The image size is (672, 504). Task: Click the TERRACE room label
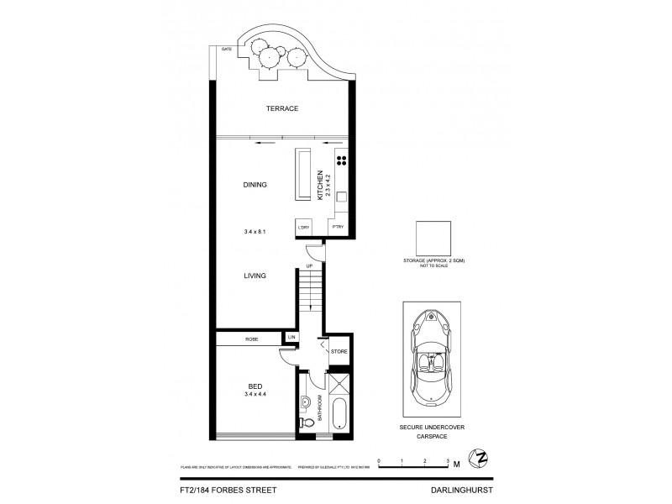point(282,109)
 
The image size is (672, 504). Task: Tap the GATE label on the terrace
point(226,50)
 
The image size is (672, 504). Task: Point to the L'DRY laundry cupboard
point(303,228)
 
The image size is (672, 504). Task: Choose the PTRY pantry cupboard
point(337,228)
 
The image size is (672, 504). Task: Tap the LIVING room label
point(255,275)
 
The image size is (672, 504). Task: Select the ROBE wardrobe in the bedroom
point(251,339)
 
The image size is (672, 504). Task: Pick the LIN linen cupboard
point(291,338)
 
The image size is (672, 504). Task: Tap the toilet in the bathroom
point(306,423)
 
